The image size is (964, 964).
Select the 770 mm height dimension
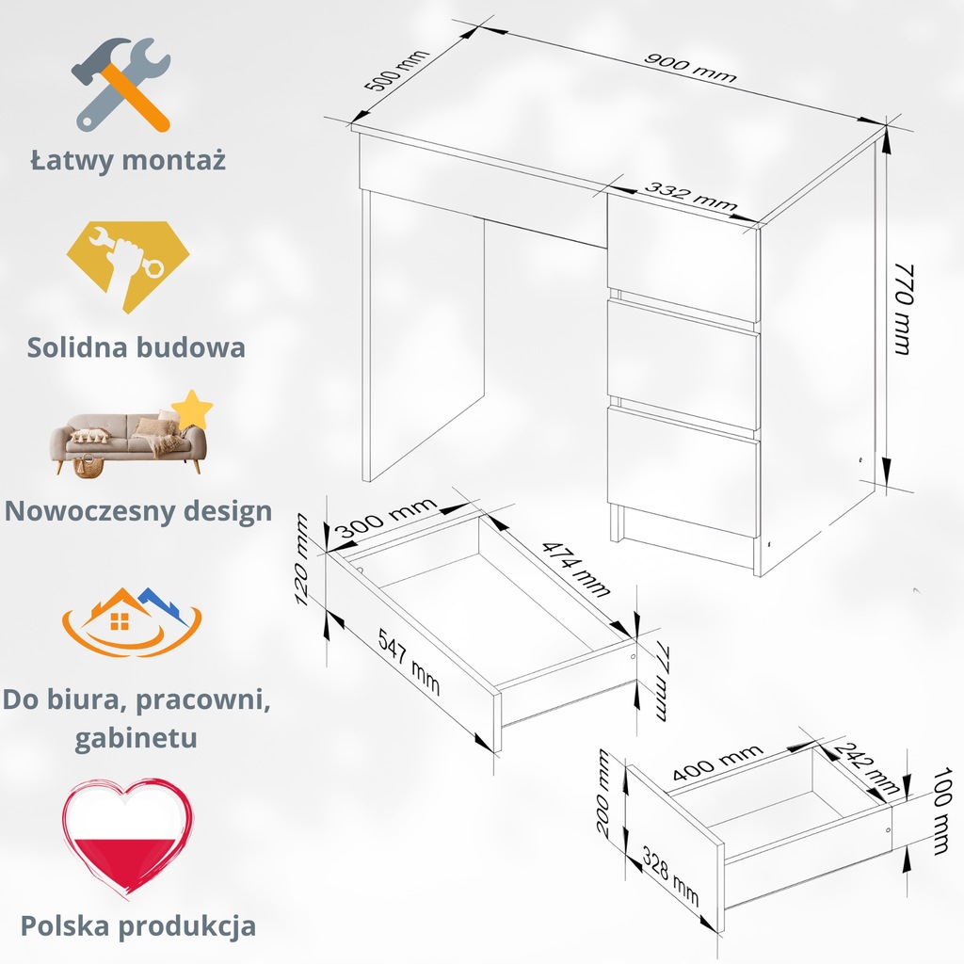tap(901, 308)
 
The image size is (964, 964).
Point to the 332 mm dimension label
tap(690, 199)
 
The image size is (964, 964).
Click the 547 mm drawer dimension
tap(410, 659)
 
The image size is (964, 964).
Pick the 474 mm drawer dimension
tap(575, 570)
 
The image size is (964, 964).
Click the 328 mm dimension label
tap(670, 876)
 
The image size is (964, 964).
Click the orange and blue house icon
tap(131, 622)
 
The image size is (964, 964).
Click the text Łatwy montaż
tap(128, 159)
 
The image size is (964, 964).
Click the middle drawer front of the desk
tap(683, 364)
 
